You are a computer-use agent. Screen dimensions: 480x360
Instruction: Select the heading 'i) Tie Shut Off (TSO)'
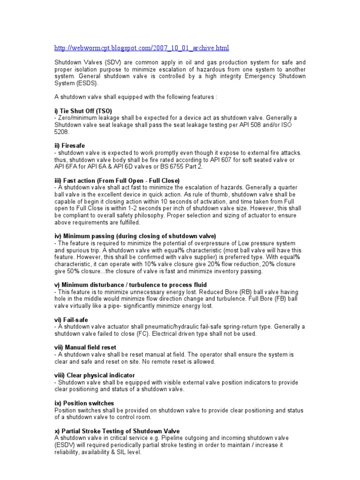(x=83, y=111)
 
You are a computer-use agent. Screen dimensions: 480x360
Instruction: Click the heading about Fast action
(x=117, y=180)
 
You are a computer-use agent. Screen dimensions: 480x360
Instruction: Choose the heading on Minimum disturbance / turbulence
(x=131, y=285)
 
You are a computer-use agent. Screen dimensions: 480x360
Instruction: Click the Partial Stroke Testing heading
(x=117, y=431)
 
